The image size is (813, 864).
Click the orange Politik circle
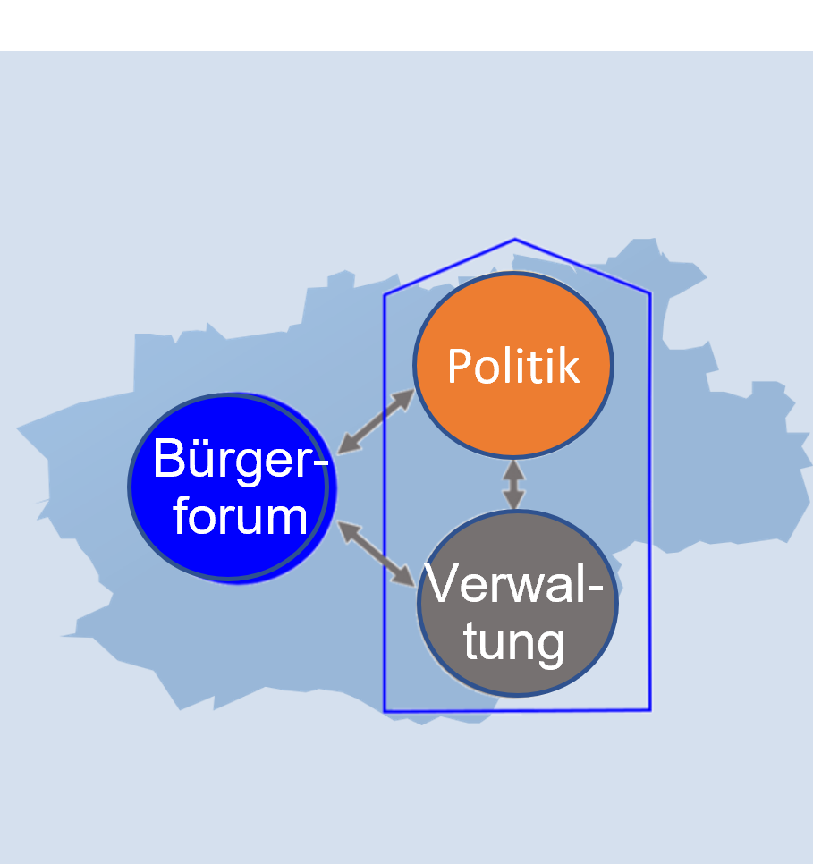[x=513, y=365]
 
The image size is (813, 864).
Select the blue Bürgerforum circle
[x=232, y=487]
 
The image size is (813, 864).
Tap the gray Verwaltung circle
[x=517, y=604]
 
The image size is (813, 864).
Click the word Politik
[x=513, y=366]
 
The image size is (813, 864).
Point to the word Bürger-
[x=241, y=460]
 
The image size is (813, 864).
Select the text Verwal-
[x=514, y=584]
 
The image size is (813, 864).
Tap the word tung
[x=513, y=643]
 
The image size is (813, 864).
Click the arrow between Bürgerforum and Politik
[x=376, y=421]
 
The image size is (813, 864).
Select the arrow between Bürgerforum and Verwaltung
[x=376, y=554]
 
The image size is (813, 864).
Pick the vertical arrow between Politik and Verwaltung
[x=513, y=485]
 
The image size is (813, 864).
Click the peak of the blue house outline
[x=515, y=239]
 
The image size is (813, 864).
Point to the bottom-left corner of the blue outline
[x=385, y=711]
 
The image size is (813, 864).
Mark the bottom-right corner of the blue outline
[x=650, y=710]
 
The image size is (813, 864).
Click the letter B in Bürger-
[x=167, y=459]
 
